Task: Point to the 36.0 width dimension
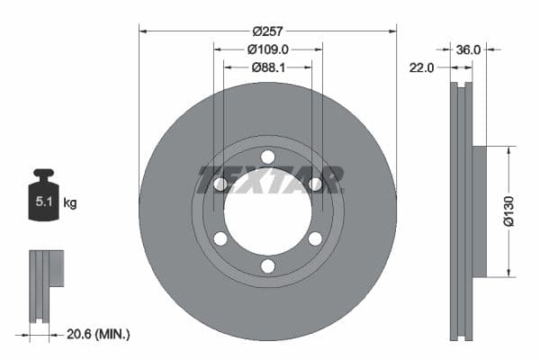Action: click(469, 50)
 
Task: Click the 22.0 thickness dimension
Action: click(422, 67)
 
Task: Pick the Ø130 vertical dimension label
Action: click(508, 211)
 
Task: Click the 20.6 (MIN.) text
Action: click(99, 334)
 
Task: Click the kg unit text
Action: click(70, 203)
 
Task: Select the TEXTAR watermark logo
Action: click(271, 179)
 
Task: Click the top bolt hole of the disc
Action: click(267, 157)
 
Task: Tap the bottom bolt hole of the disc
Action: click(267, 265)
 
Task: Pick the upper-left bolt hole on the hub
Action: click(220, 184)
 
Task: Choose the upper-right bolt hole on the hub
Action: click(315, 184)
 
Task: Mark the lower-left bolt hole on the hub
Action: click(220, 238)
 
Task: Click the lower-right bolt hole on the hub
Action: click(315, 238)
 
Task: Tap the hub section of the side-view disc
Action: click(479, 211)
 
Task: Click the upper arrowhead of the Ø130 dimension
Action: click(508, 152)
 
